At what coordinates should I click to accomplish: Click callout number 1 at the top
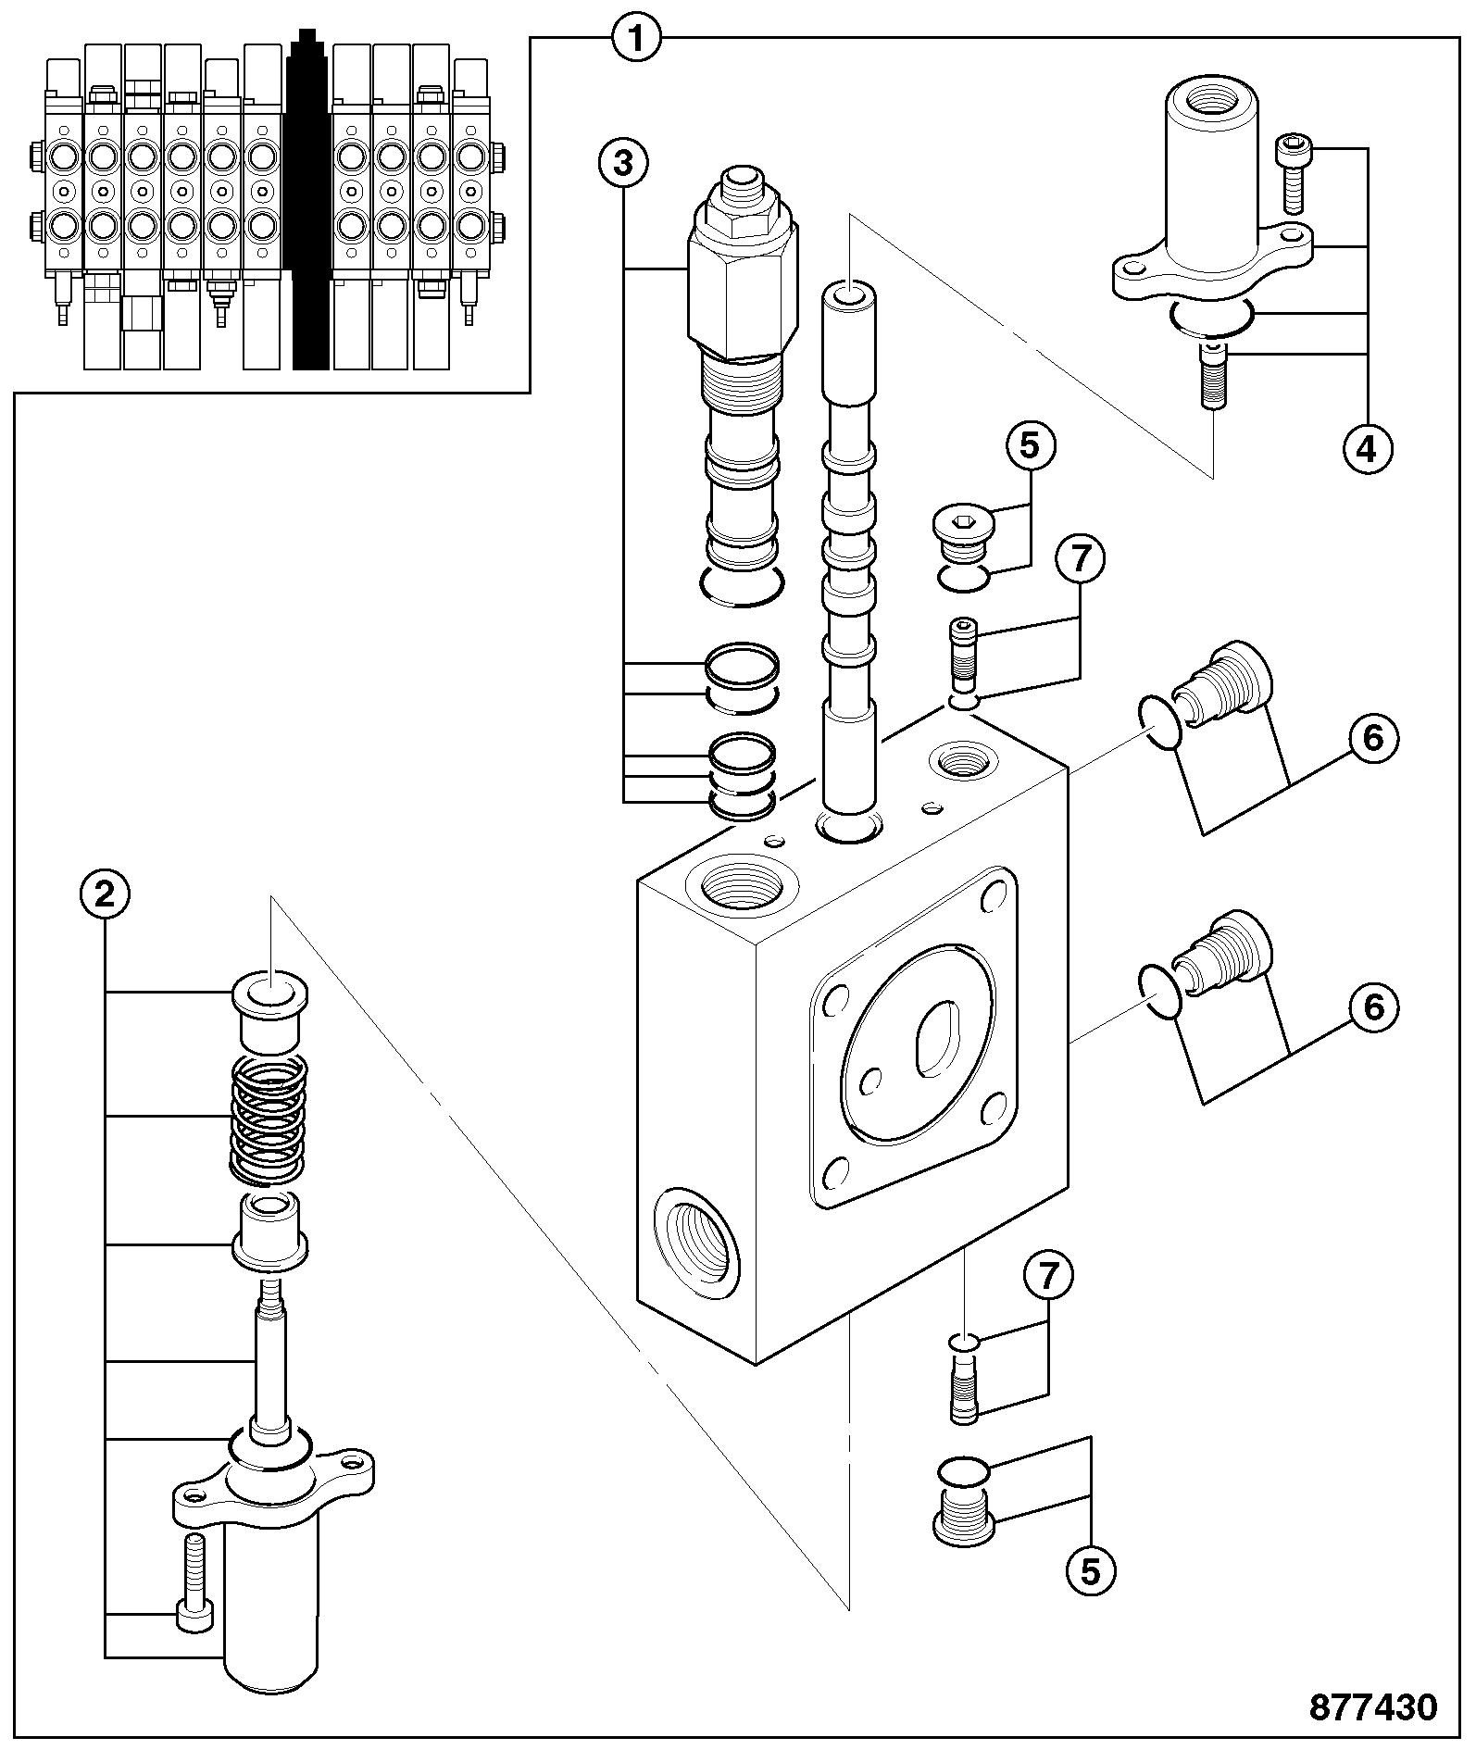tap(636, 39)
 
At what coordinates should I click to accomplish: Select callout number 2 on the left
tap(105, 894)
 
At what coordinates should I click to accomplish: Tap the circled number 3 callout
tap(623, 162)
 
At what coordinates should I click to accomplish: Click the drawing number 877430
tap(1373, 1706)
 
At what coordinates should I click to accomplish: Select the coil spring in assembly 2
tap(269, 1119)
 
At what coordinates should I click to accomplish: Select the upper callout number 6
tap(1373, 738)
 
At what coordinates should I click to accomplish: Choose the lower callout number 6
tap(1373, 1006)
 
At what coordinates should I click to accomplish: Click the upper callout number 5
tap(1030, 446)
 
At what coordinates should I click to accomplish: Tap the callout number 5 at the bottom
tap(1091, 1571)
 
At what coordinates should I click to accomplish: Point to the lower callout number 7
tap(1048, 1276)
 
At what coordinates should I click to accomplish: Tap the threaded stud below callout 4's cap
tap(1213, 375)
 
